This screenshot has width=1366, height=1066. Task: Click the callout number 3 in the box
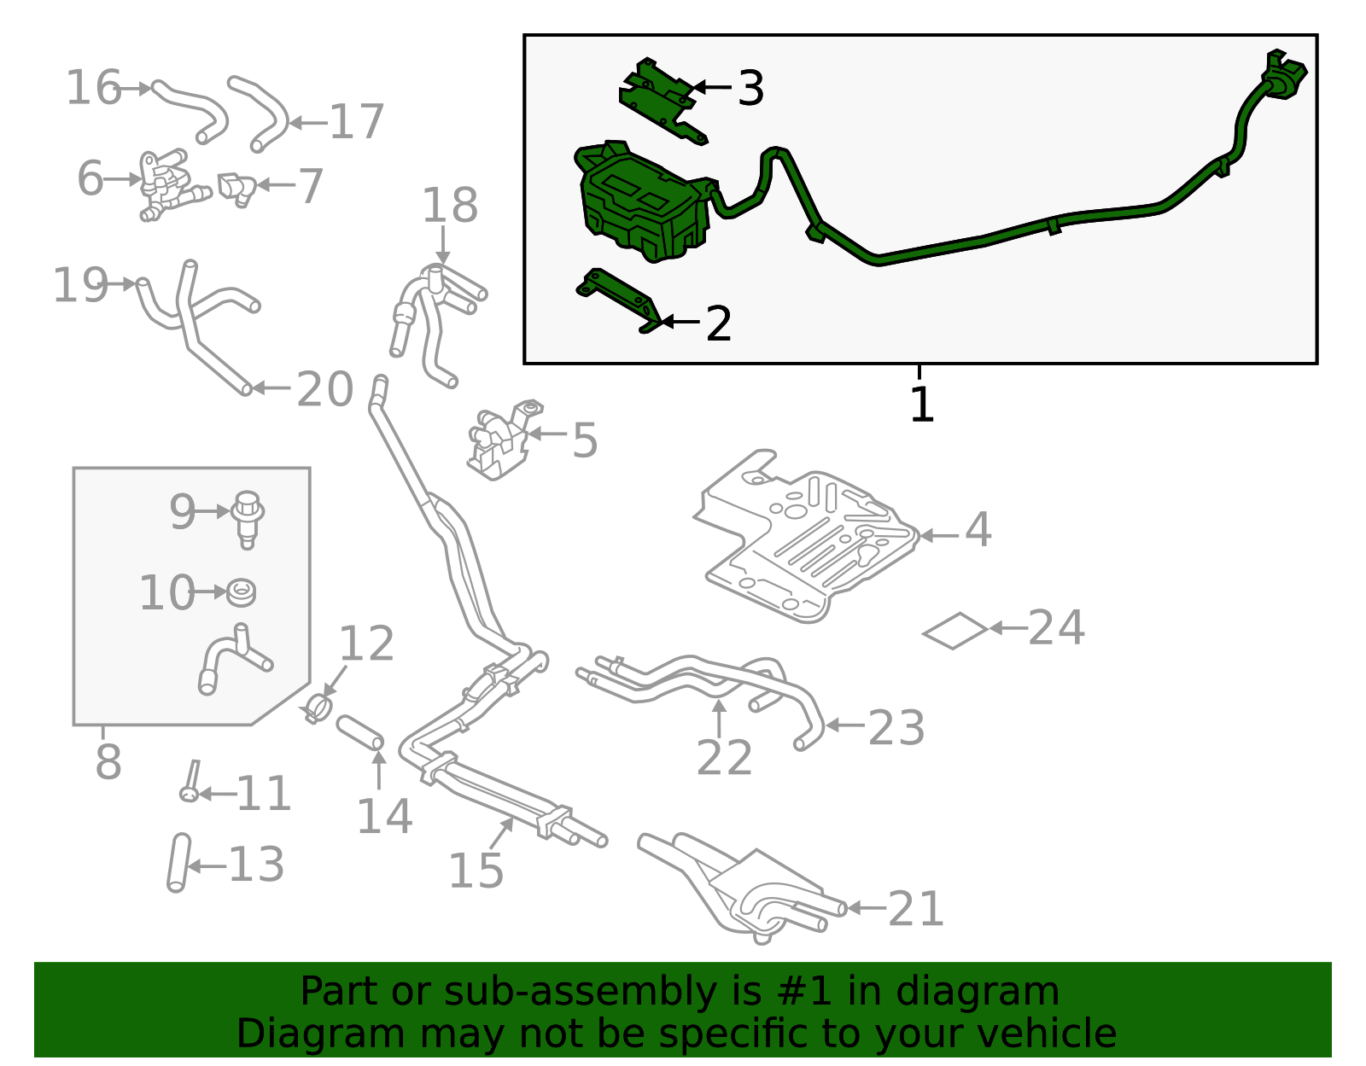tap(750, 88)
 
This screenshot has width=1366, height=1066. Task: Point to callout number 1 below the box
tap(921, 405)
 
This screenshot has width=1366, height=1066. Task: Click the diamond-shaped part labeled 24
tap(954, 631)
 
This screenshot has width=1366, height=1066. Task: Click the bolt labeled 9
tap(248, 516)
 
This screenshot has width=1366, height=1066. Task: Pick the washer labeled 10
tap(241, 591)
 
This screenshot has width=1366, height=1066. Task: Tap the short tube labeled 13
tap(178, 863)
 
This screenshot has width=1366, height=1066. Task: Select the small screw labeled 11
tap(190, 780)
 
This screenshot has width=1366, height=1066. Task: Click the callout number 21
tap(916, 909)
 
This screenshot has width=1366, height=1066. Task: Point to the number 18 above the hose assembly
tap(450, 206)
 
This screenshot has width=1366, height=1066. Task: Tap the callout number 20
tap(324, 389)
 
